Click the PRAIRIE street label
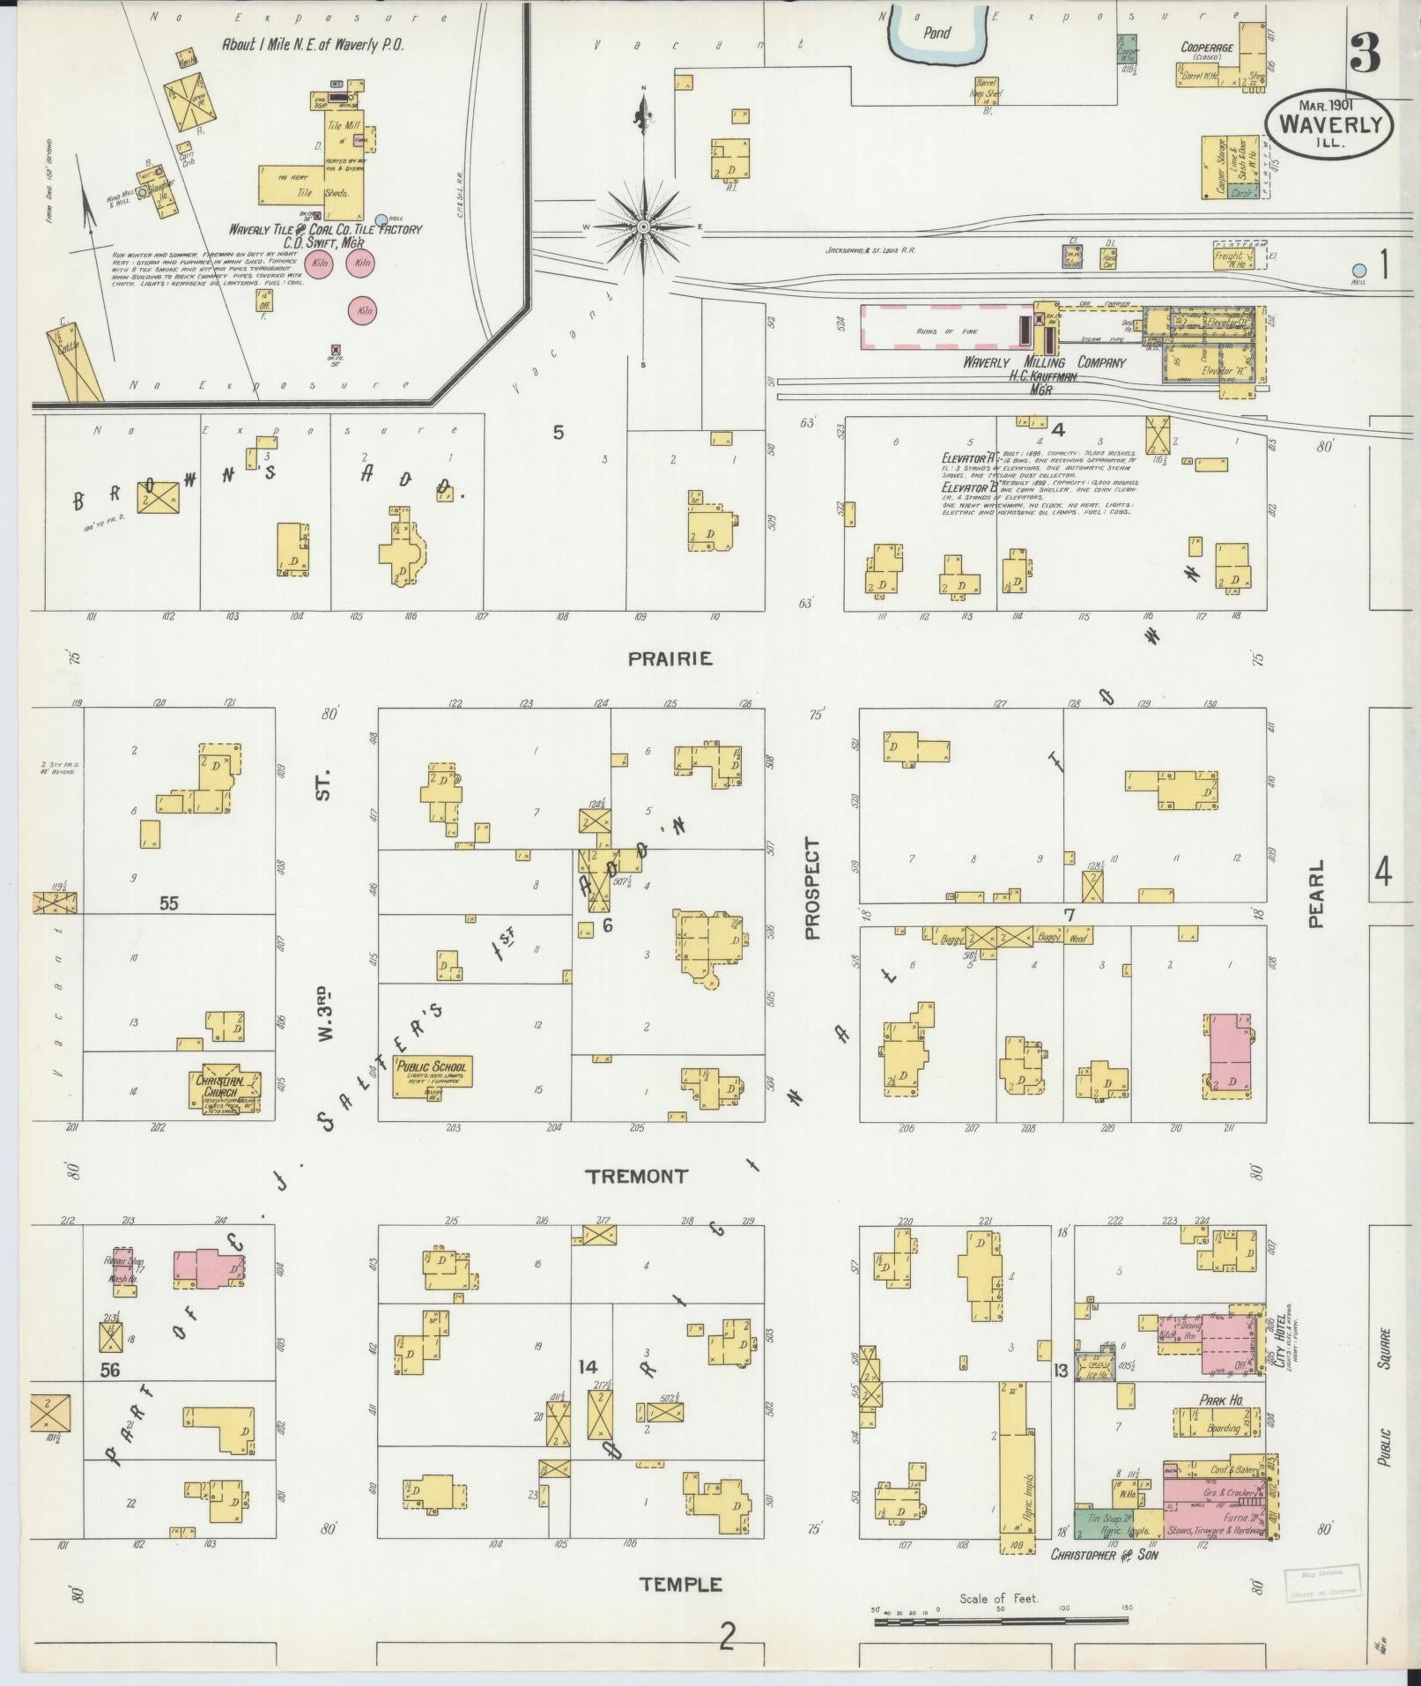coord(670,659)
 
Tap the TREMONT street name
coord(638,1176)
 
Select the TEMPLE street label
coord(680,1585)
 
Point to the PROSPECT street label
coord(811,888)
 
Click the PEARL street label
coord(1316,894)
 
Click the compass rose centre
coord(644,227)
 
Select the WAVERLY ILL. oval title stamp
coord(1329,126)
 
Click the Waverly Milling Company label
coord(1044,362)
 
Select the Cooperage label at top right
coord(1206,48)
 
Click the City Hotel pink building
coord(1232,1342)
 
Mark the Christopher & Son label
coord(1104,1556)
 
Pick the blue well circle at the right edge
coord(1359,271)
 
